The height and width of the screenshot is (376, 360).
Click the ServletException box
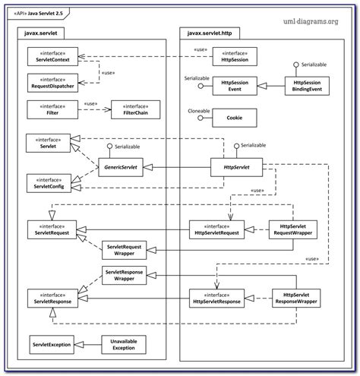tap(52, 345)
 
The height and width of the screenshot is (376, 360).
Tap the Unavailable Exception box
tap(125, 345)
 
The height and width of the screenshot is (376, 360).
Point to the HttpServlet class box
tap(236, 164)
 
